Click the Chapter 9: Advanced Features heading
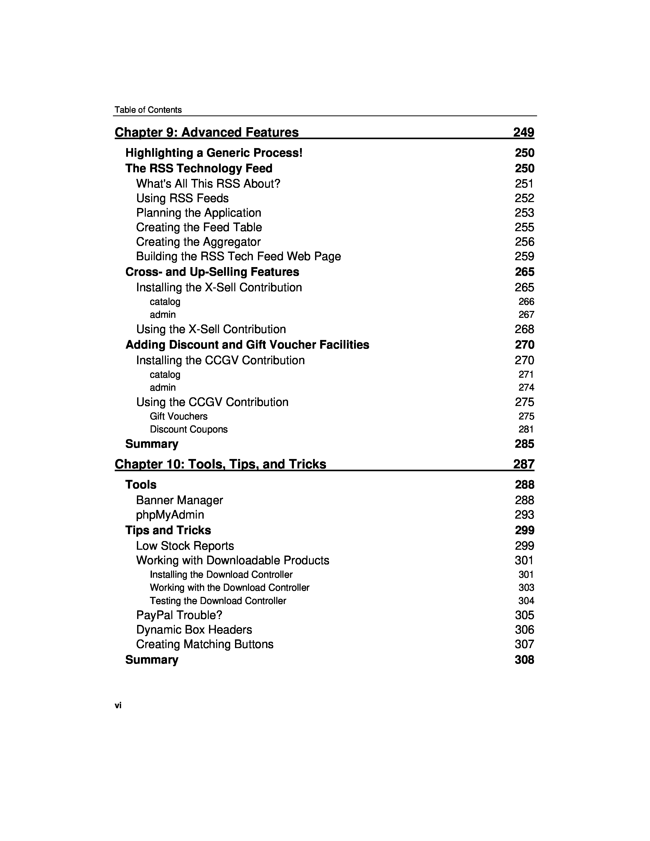(x=206, y=133)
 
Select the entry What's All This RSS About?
(x=208, y=184)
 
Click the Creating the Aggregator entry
(x=198, y=242)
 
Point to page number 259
(x=524, y=256)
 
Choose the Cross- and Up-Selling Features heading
(x=212, y=272)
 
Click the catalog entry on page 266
(x=165, y=301)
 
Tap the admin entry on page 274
(x=163, y=387)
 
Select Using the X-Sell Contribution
(x=211, y=329)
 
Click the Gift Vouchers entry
(x=178, y=416)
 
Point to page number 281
(x=526, y=429)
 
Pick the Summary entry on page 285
(x=152, y=444)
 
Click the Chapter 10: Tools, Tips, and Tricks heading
(x=220, y=464)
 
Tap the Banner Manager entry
(x=179, y=500)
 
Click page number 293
(x=524, y=515)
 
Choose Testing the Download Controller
(x=218, y=601)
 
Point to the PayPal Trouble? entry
(x=179, y=615)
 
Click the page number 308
(x=524, y=660)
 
